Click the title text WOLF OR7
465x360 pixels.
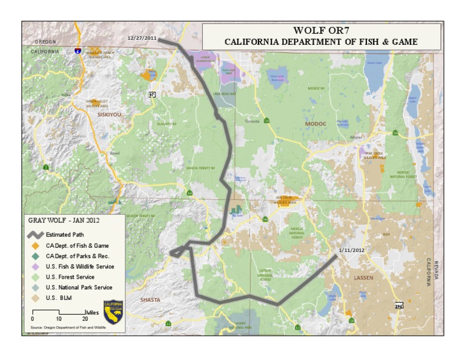pyautogui.click(x=320, y=31)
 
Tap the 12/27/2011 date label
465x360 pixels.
pyautogui.click(x=142, y=38)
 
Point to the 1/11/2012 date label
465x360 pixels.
pyautogui.click(x=352, y=250)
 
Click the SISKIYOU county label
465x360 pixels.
pyautogui.click(x=109, y=114)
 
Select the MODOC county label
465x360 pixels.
pyautogui.click(x=314, y=124)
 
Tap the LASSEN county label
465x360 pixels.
pyautogui.click(x=364, y=278)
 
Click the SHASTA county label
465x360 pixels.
pyautogui.click(x=150, y=300)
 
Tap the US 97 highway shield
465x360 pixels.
pyautogui.click(x=152, y=95)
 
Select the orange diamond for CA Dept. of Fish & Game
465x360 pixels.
pyautogui.click(x=35, y=245)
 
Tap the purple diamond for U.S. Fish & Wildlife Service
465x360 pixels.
pyautogui.click(x=35, y=267)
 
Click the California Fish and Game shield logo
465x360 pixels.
pyautogui.click(x=113, y=312)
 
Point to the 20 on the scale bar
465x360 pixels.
pyautogui.click(x=84, y=319)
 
